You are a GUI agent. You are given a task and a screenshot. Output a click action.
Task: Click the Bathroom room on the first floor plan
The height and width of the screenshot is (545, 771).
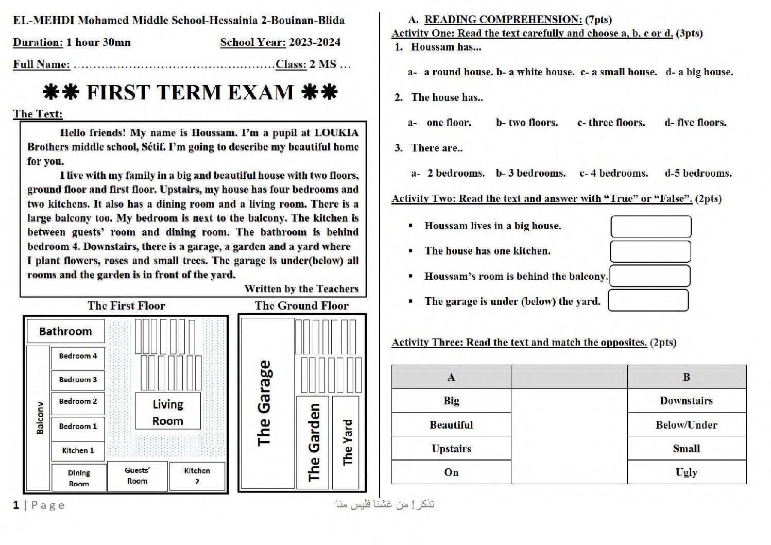(x=65, y=331)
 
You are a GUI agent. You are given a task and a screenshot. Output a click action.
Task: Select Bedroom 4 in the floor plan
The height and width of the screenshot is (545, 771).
(x=78, y=356)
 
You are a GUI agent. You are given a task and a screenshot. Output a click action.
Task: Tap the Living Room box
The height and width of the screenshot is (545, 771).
(x=168, y=411)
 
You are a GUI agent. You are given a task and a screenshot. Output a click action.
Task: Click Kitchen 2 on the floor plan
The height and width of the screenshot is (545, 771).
(x=197, y=476)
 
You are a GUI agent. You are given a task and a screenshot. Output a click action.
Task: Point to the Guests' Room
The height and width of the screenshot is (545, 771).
(x=138, y=476)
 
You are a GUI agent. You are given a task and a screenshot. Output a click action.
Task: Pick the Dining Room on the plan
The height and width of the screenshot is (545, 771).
(x=79, y=478)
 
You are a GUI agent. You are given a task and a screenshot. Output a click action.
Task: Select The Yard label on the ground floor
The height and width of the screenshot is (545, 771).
(x=347, y=442)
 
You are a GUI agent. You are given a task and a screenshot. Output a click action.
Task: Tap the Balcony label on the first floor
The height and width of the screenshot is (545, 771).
(x=40, y=418)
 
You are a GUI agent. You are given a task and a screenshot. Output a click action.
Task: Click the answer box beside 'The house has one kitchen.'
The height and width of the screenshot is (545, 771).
(x=650, y=251)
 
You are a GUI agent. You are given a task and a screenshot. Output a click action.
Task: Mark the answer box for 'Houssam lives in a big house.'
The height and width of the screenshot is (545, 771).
(x=651, y=227)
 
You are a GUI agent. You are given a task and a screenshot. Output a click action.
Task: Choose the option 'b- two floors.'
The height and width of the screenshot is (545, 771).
(x=527, y=123)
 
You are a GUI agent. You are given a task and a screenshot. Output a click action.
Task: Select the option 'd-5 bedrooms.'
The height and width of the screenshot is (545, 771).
(x=698, y=173)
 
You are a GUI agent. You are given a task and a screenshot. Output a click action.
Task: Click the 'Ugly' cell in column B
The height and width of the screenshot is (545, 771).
(x=687, y=472)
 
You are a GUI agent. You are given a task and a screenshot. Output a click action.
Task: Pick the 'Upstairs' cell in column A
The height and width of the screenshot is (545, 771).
(x=451, y=448)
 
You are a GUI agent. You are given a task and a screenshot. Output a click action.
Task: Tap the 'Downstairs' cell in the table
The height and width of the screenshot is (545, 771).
(x=687, y=400)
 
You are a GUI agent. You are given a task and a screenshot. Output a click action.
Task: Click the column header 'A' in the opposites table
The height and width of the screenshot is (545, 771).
(x=451, y=377)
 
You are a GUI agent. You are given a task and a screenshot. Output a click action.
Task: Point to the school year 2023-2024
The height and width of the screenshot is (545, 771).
(x=315, y=42)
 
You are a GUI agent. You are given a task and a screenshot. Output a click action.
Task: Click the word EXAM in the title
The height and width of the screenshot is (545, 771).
(x=261, y=92)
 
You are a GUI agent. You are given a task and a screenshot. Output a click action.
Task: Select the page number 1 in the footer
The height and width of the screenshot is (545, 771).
(x=16, y=505)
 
